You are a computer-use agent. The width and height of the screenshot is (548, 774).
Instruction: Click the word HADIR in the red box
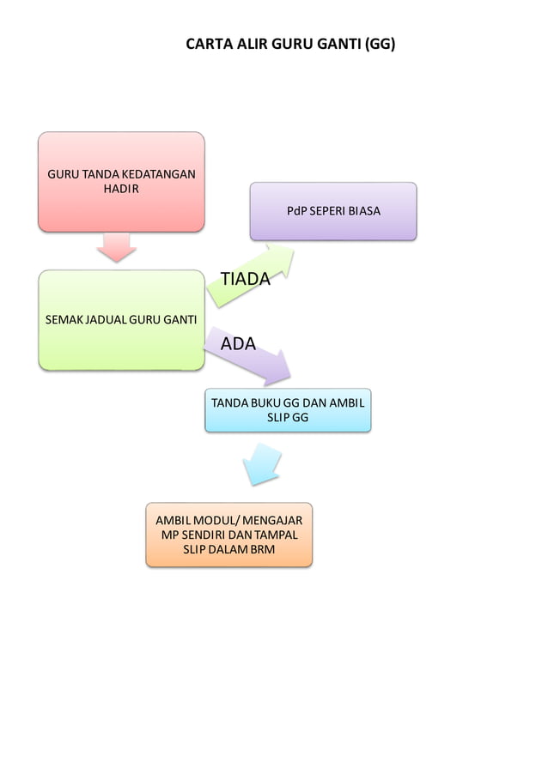(x=120, y=188)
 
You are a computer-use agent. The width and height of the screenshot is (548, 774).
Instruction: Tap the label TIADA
(x=245, y=279)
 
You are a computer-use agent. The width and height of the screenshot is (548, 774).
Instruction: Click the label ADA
(x=238, y=344)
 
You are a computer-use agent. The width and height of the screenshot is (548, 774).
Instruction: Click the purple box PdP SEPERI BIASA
(x=333, y=210)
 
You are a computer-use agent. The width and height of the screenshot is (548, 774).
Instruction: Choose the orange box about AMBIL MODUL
(x=229, y=535)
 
